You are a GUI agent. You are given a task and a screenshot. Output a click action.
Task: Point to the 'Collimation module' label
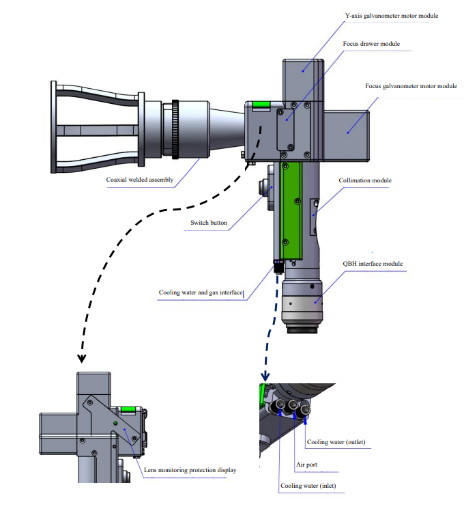pyautogui.click(x=365, y=181)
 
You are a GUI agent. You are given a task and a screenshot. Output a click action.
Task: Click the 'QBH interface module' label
pyautogui.click(x=373, y=264)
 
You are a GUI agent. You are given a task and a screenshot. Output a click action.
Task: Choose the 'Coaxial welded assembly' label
pyautogui.click(x=140, y=181)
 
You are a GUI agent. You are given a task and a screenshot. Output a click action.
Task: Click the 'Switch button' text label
pyautogui.click(x=209, y=223)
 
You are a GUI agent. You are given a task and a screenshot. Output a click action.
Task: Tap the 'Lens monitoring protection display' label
pyautogui.click(x=191, y=469)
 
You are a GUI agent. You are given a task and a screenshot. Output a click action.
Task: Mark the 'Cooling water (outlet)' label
pyautogui.click(x=336, y=442)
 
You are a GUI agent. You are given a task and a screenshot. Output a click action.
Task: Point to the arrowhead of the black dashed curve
pyautogui.click(x=81, y=357)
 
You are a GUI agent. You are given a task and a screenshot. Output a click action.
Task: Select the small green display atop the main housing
pyautogui.click(x=260, y=105)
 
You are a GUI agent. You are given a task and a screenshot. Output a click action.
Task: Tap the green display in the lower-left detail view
pyautogui.click(x=128, y=411)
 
